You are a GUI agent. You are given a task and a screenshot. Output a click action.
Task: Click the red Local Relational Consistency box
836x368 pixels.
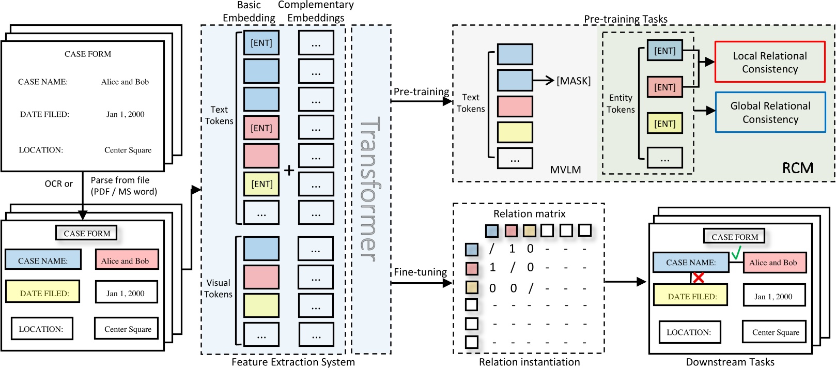click(769, 62)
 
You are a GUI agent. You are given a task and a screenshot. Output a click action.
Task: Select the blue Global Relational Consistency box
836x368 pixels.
click(770, 112)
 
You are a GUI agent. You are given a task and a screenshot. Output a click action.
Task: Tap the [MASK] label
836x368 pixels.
click(573, 81)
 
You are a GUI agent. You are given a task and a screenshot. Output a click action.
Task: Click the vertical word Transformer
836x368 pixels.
click(370, 189)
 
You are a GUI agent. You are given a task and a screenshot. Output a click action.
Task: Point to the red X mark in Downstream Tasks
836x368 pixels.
click(699, 278)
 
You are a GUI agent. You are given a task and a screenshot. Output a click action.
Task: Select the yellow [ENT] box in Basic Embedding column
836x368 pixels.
click(261, 184)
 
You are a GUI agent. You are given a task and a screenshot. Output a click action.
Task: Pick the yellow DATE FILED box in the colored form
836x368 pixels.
click(43, 293)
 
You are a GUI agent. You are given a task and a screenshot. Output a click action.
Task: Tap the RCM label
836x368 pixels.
click(797, 168)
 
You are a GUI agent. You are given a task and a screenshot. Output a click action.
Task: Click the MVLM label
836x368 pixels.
click(565, 170)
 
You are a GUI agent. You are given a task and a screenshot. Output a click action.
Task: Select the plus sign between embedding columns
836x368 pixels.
click(289, 170)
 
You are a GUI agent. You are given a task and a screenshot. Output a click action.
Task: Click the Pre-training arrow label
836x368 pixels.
click(421, 91)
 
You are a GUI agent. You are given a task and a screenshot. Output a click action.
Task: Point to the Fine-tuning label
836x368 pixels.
click(420, 272)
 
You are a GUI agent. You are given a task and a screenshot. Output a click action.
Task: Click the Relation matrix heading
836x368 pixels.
click(529, 213)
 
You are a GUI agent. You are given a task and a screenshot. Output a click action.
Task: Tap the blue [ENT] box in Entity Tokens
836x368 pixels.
click(664, 51)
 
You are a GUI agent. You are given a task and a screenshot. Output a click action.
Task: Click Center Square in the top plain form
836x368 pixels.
click(128, 150)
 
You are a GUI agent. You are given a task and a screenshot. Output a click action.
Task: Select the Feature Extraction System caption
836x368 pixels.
click(293, 362)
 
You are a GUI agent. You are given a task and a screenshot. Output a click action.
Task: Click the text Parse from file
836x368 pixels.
click(120, 180)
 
